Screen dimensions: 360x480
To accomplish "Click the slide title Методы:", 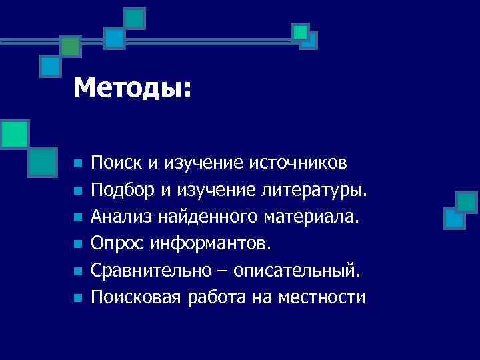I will [132, 88].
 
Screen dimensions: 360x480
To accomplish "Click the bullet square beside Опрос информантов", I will [77, 245].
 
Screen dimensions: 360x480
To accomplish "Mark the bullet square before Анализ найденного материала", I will [77, 218].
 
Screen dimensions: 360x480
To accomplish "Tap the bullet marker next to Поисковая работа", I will [77, 299].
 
